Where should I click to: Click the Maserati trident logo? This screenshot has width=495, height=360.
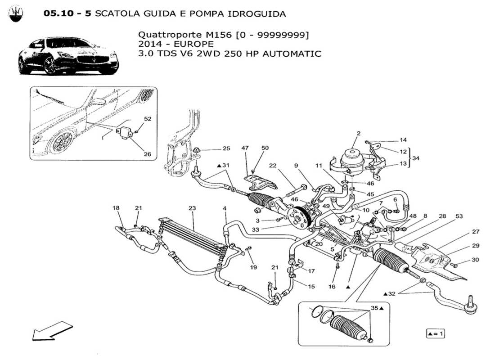(16, 14)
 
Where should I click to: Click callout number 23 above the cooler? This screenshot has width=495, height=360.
(192, 208)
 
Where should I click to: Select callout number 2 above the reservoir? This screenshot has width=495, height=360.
(359, 133)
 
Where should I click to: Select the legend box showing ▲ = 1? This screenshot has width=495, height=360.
(435, 334)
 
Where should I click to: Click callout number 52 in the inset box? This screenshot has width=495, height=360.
(148, 119)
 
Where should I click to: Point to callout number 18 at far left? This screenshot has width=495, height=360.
(116, 208)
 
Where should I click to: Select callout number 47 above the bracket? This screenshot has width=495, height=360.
(245, 148)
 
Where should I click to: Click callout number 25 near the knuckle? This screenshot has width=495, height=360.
(226, 148)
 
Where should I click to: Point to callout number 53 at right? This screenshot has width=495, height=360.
(459, 217)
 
